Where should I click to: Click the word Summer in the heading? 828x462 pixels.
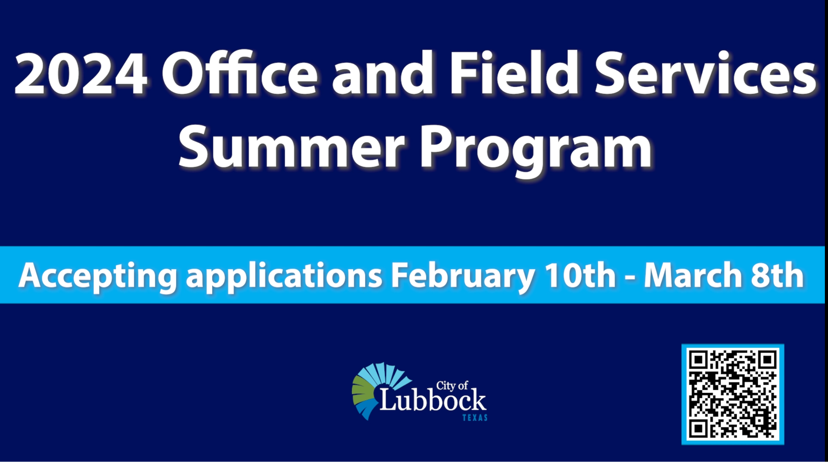pos(291,147)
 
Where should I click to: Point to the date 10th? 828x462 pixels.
pos(580,275)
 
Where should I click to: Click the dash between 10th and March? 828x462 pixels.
pos(630,278)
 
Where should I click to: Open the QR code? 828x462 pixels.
pos(733,394)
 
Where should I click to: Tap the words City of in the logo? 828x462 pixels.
pos(452,385)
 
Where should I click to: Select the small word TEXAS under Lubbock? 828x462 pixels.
pos(475,417)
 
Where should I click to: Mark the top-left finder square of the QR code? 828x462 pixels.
pos(698,360)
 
